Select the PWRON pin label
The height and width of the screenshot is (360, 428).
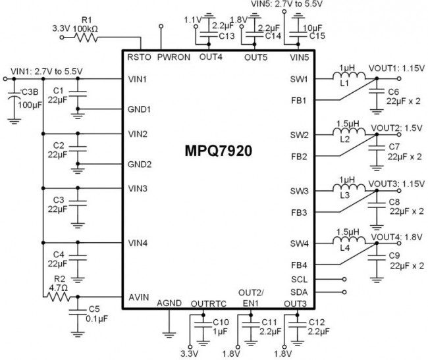point(174,58)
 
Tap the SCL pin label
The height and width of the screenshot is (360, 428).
point(298,278)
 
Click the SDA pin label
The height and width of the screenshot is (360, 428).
point(298,292)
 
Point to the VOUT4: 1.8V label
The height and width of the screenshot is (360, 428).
point(395,236)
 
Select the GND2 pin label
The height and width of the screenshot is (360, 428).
point(140,163)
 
